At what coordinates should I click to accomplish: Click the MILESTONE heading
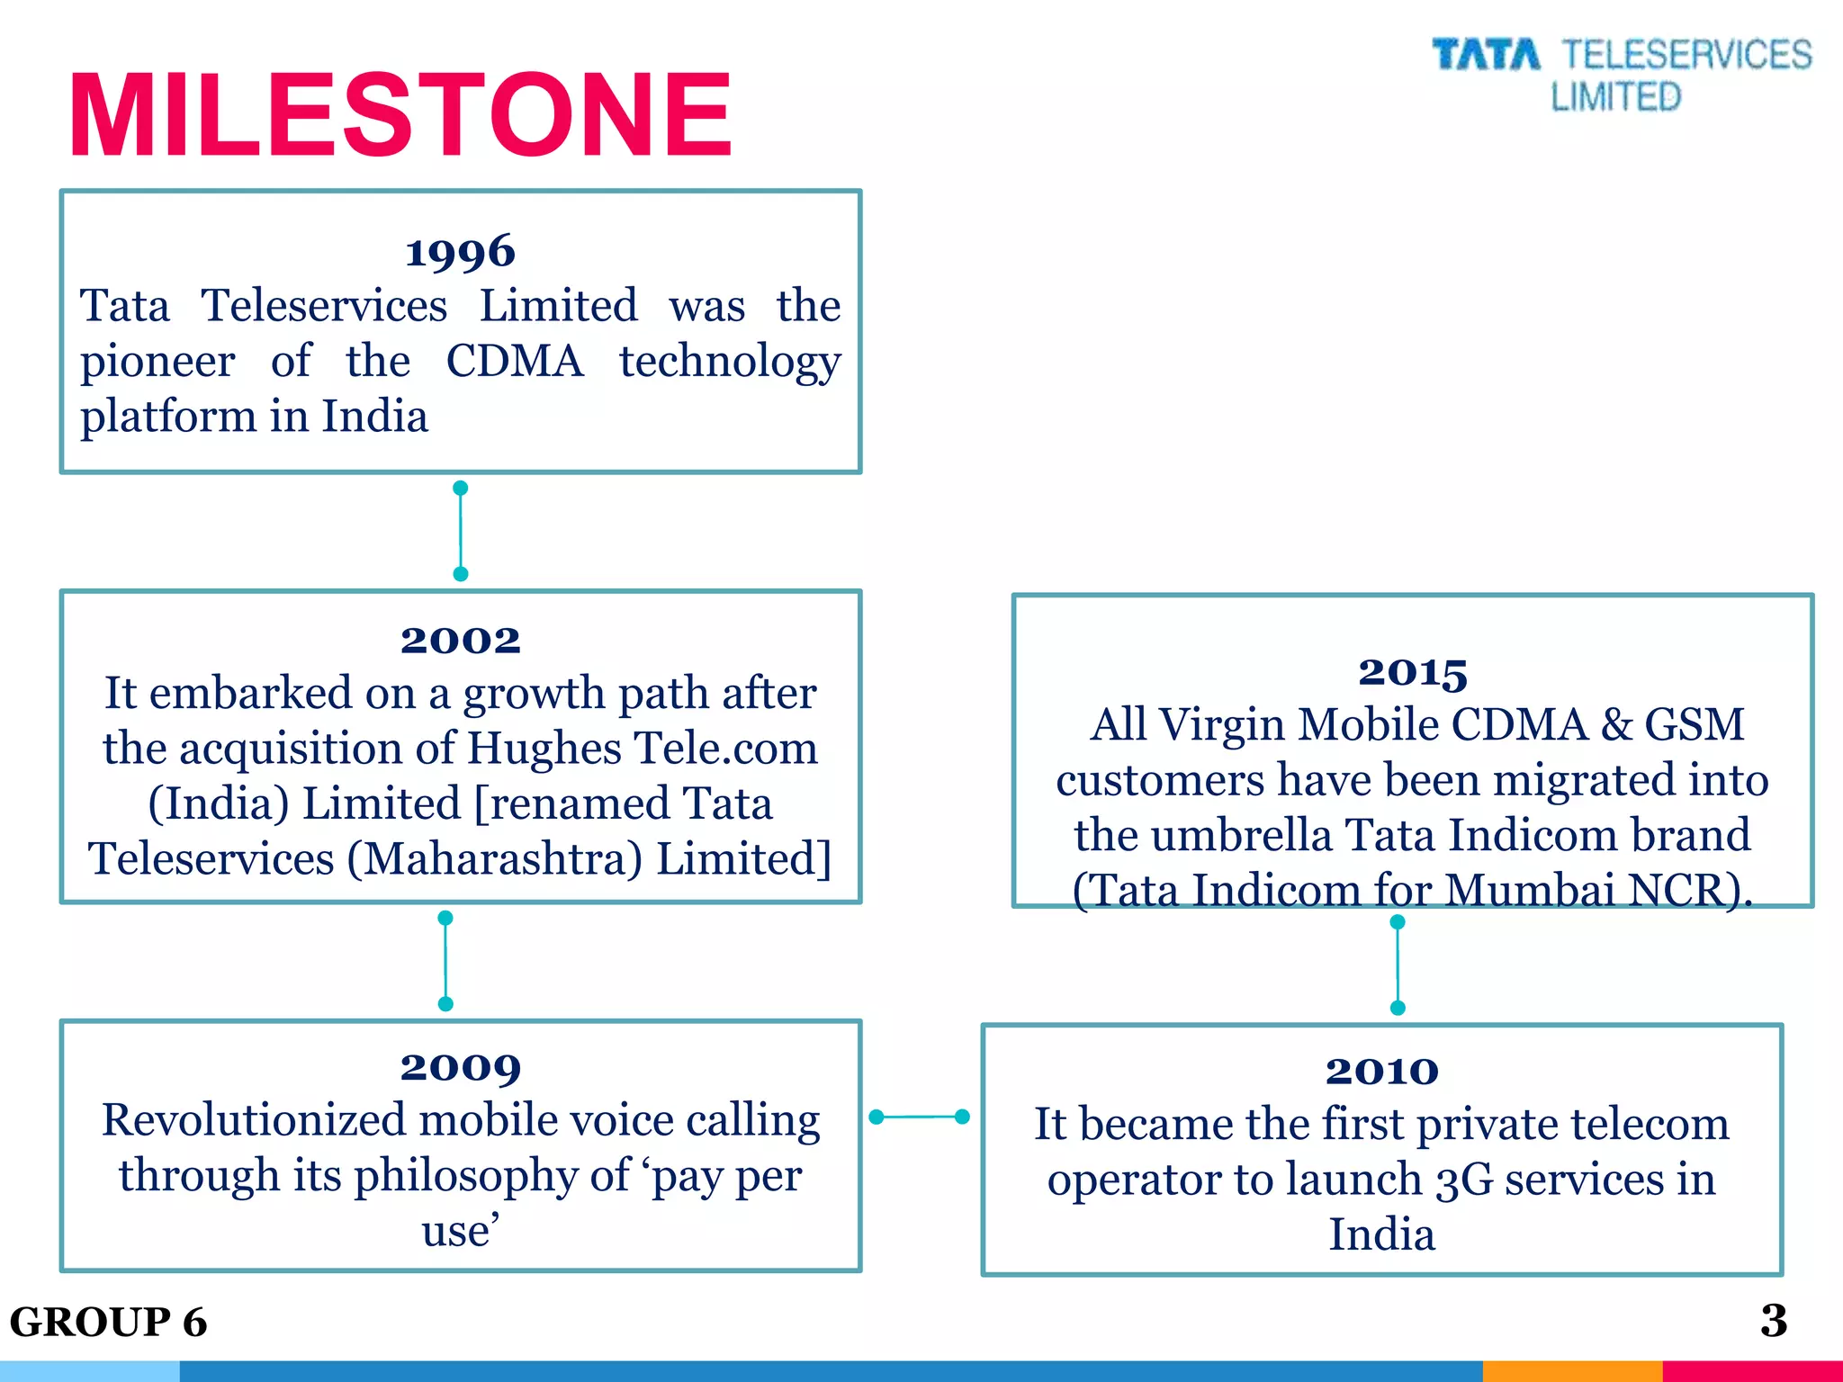point(400,115)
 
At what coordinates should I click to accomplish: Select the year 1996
point(460,252)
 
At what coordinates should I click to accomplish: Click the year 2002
point(460,641)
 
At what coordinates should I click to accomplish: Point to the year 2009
point(460,1068)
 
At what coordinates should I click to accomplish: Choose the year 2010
point(1381,1072)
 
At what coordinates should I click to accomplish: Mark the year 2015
point(1412,672)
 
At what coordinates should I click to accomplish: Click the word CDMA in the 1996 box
point(515,362)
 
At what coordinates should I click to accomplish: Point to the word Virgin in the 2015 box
point(1220,725)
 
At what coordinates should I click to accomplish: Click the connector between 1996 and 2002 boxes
point(461,531)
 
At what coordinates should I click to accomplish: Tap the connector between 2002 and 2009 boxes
point(445,961)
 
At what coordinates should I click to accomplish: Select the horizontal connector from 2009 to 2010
point(920,1117)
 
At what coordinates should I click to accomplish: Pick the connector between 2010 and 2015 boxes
point(1398,965)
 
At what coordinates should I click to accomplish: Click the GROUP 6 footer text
point(108,1322)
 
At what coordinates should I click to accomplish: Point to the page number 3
point(1774,1321)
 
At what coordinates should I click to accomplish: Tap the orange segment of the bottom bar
point(1571,1371)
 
